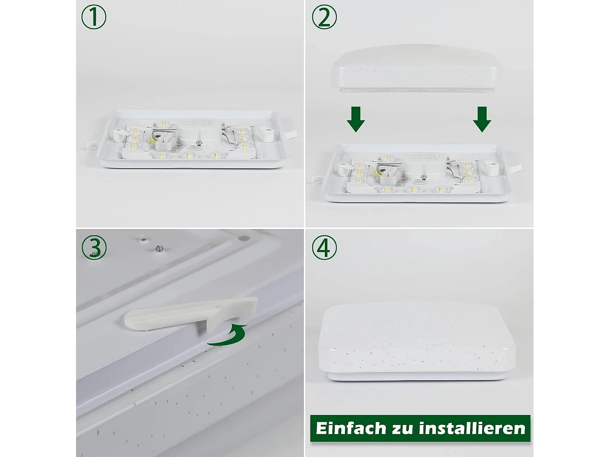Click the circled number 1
(94, 17)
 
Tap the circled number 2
(324, 17)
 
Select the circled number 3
(94, 247)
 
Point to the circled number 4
(324, 247)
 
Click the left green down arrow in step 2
(356, 119)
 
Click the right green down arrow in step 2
(482, 119)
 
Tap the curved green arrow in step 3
(228, 336)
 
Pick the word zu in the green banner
(402, 429)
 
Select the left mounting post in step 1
(118, 134)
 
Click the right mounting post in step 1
(268, 134)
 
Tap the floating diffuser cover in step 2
(417, 67)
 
